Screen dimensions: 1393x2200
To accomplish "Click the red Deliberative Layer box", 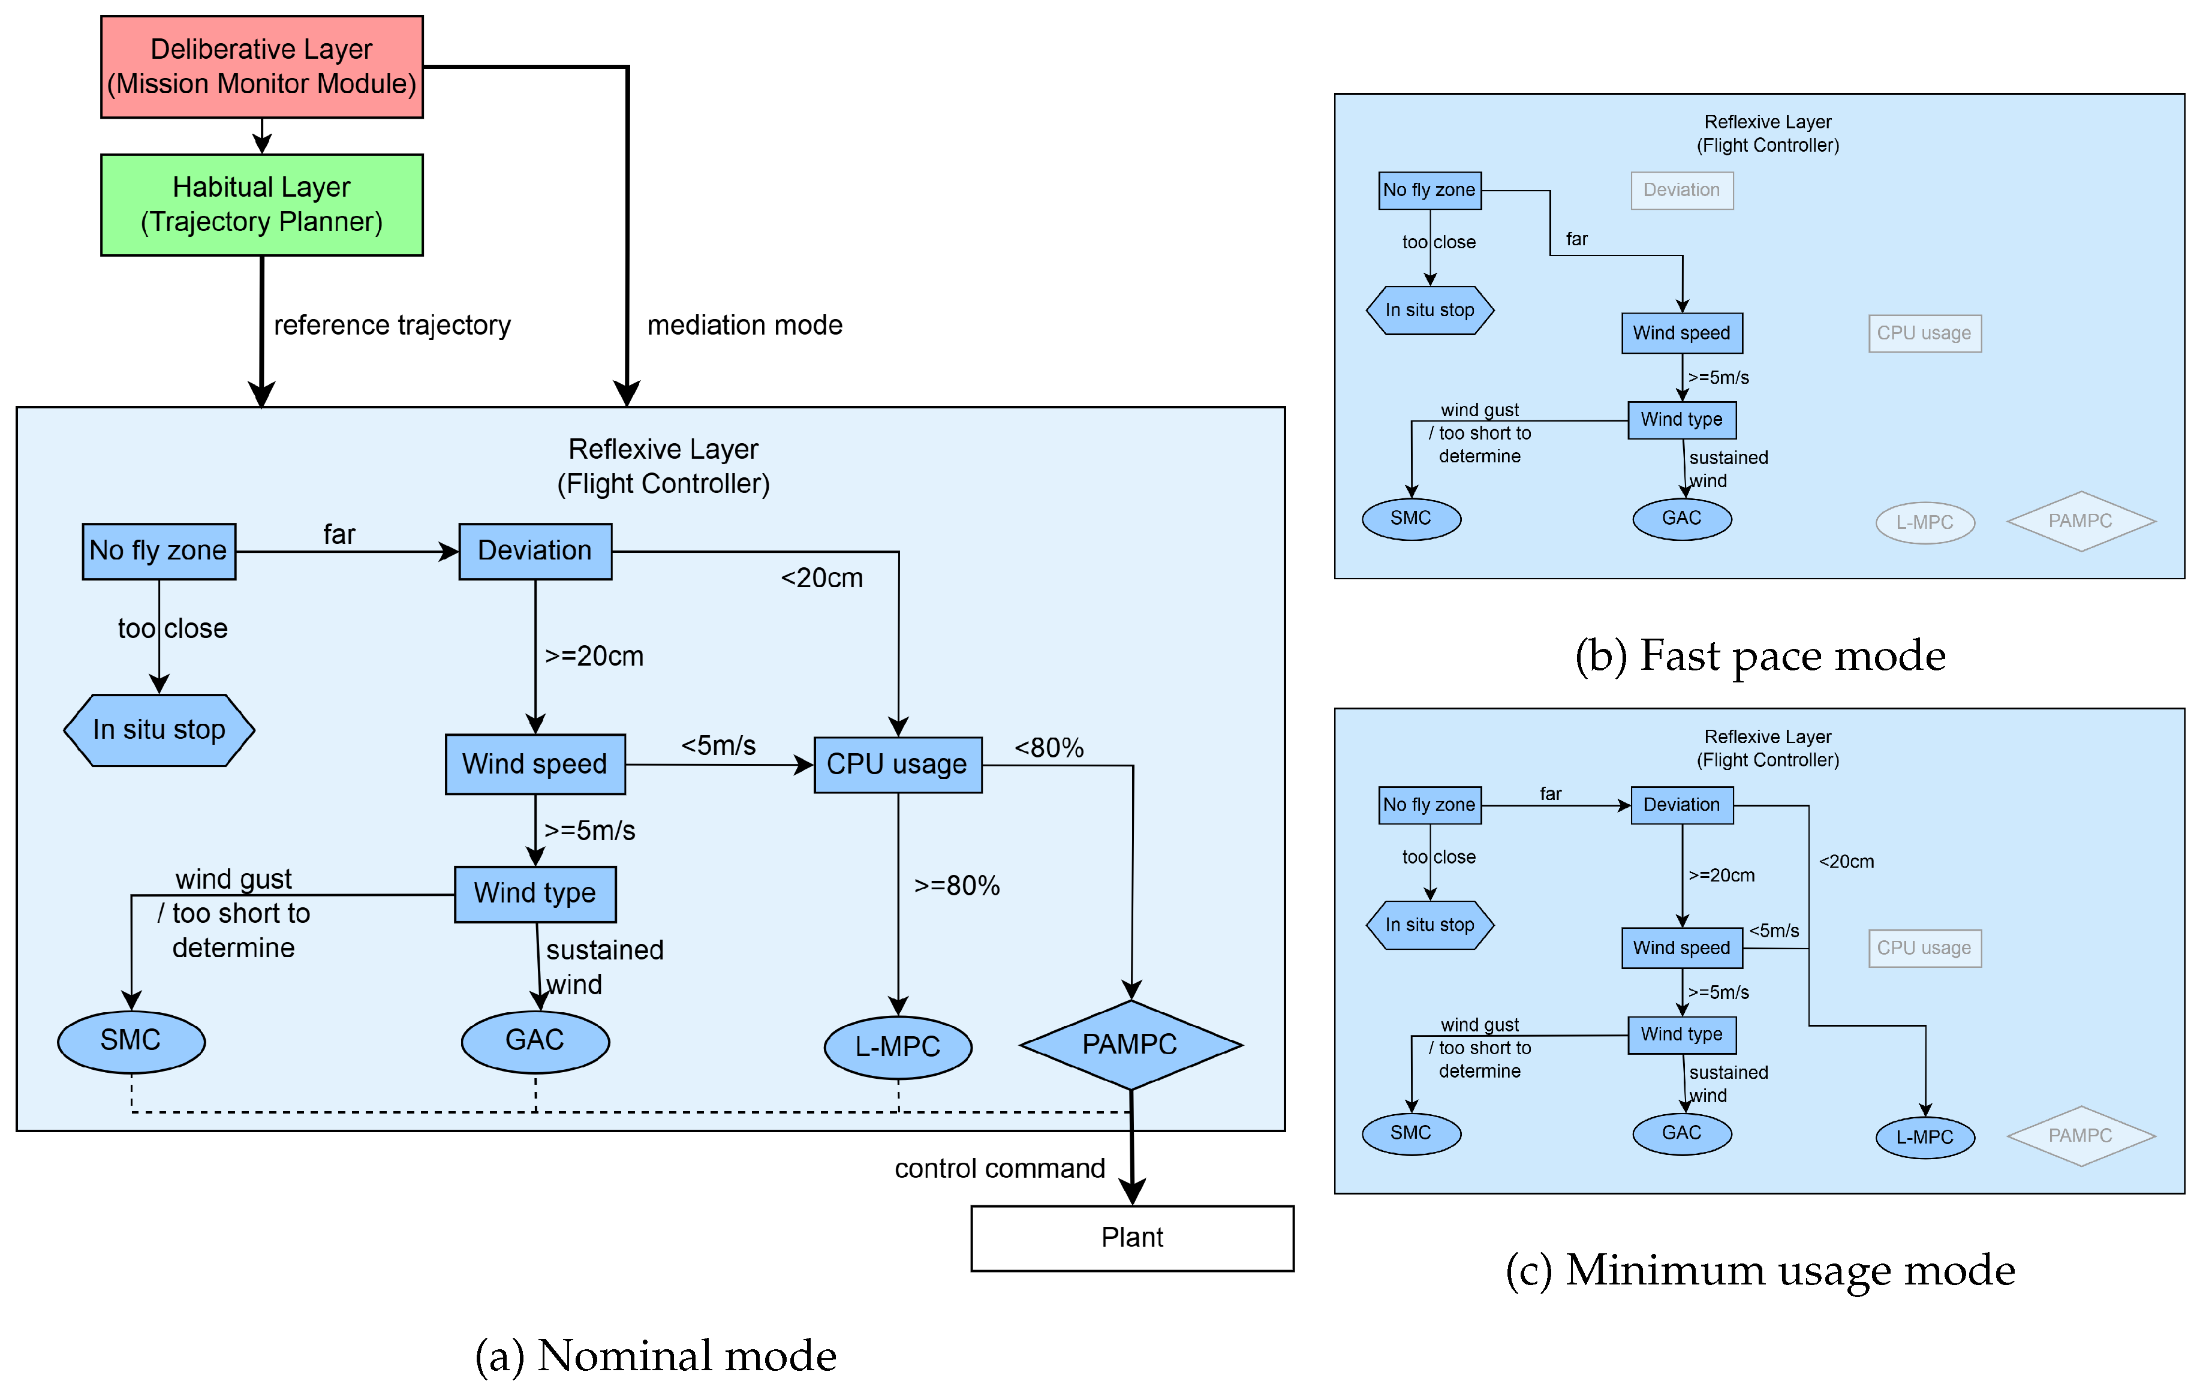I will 261,67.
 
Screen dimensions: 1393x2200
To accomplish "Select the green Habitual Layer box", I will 261,204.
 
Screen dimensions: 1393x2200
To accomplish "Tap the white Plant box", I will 1132,1238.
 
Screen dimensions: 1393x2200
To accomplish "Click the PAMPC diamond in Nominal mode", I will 1130,1044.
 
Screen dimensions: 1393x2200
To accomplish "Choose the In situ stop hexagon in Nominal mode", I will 159,730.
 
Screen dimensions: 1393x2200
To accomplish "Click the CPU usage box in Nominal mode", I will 897,765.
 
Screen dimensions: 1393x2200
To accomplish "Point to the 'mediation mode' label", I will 745,325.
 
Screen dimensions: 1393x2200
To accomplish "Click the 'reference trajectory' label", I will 392,325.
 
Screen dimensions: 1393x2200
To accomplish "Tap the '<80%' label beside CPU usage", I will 1049,748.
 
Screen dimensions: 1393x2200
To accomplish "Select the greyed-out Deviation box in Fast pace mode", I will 1681,190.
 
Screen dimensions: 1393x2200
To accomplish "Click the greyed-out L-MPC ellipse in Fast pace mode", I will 1924,522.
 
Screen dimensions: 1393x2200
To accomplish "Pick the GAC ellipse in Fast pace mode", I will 1681,518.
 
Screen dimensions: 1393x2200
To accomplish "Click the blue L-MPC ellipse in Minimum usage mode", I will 1924,1137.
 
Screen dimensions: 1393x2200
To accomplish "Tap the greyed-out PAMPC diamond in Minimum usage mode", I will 2080,1135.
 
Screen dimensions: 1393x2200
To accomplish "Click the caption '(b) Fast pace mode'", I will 1760,656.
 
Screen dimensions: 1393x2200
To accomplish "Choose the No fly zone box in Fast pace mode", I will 1429,190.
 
